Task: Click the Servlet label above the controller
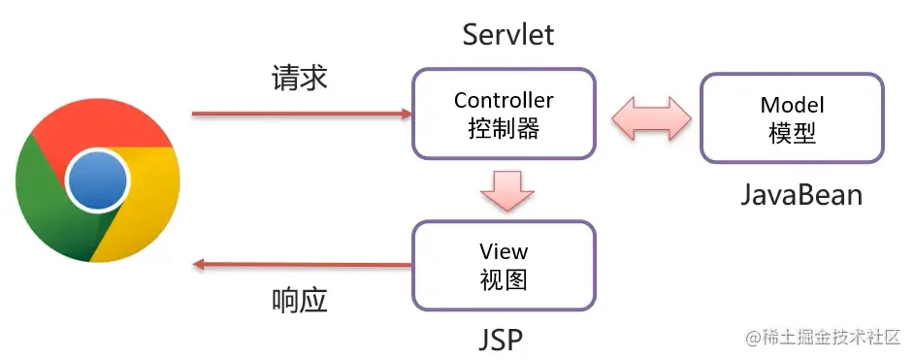click(x=508, y=35)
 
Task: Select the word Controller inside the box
click(x=504, y=100)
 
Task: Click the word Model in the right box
click(x=792, y=105)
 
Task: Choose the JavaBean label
click(x=800, y=195)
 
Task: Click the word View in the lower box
click(x=504, y=251)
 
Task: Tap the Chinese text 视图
click(x=504, y=280)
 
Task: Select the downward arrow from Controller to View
click(x=507, y=189)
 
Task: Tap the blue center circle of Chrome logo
click(x=97, y=180)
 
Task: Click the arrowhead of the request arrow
click(x=408, y=114)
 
